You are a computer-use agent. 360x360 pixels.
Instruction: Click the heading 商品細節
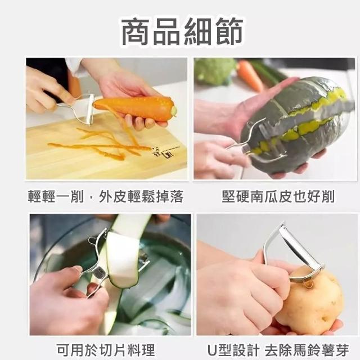pos(182,31)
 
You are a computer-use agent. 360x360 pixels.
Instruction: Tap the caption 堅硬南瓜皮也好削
pos(278,196)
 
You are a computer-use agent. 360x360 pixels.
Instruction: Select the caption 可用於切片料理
pos(106,350)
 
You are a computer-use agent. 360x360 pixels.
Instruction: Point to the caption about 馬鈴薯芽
pos(278,350)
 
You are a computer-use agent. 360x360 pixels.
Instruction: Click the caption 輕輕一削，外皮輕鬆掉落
pos(106,196)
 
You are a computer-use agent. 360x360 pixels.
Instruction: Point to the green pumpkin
pos(296,124)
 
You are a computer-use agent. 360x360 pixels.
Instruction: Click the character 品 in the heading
pos(166,31)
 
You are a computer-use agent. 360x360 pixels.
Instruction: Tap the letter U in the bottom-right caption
pos(212,350)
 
